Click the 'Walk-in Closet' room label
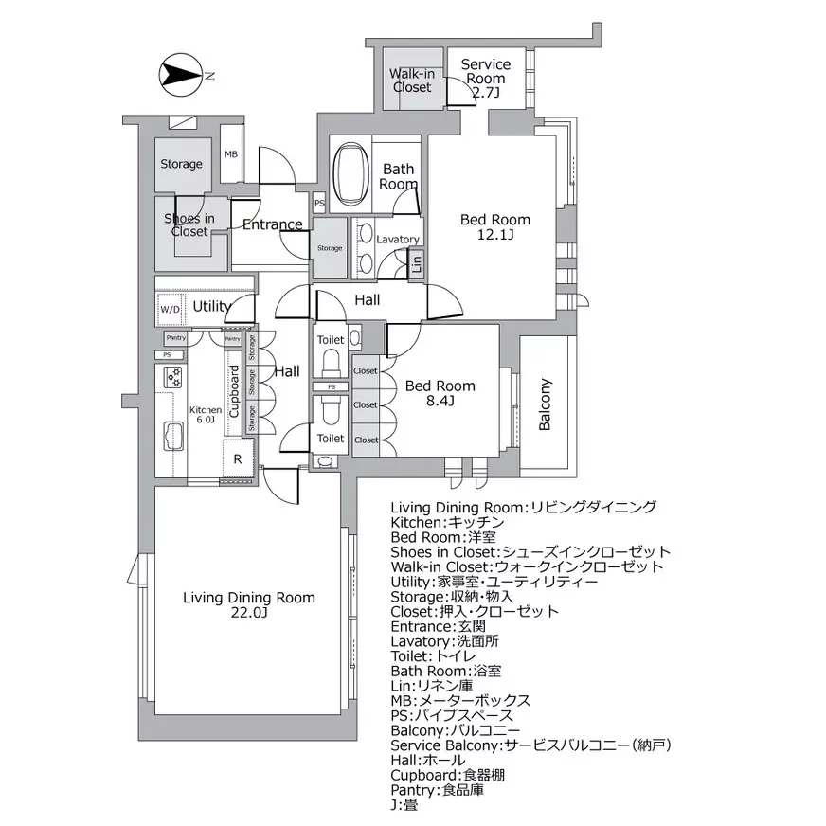pyautogui.click(x=411, y=81)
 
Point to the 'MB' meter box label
pyautogui.click(x=230, y=155)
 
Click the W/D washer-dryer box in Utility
pyautogui.click(x=171, y=309)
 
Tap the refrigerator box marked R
pyautogui.click(x=237, y=459)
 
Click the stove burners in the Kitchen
pyautogui.click(x=173, y=377)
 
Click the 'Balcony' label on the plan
pyautogui.click(x=545, y=404)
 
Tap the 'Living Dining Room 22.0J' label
pyautogui.click(x=248, y=605)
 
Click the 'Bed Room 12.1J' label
pyautogui.click(x=494, y=227)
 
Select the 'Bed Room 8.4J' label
pyautogui.click(x=440, y=393)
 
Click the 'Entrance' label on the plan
pyautogui.click(x=272, y=225)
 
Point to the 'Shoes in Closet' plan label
pyautogui.click(x=189, y=224)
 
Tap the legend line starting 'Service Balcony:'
pyautogui.click(x=530, y=745)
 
